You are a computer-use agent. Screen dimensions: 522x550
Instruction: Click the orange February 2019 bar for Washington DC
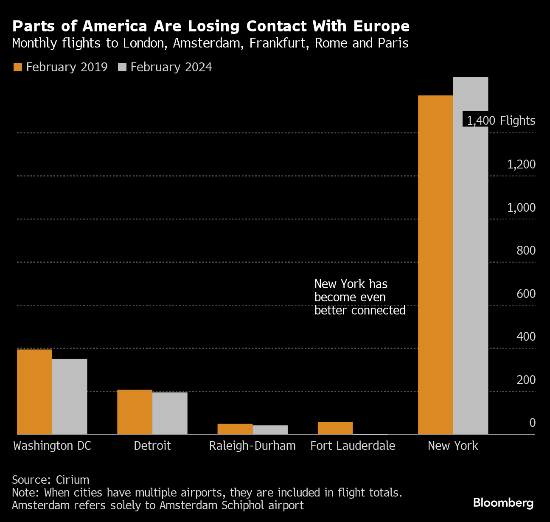34,391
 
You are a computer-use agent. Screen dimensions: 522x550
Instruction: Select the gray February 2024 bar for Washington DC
70,396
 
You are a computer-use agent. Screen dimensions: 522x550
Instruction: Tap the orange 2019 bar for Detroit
135,412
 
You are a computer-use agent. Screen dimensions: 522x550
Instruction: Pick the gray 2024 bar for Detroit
170,413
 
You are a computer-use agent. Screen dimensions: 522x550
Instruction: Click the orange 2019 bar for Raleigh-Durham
235,429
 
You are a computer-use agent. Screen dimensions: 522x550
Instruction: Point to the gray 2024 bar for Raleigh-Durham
270,429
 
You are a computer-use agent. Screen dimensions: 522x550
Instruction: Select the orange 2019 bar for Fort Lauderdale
335,428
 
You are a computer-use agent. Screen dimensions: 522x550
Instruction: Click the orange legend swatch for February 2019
18,67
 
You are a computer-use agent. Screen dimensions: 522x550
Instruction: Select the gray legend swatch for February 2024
122,67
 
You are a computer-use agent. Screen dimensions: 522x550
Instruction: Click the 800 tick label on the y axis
526,250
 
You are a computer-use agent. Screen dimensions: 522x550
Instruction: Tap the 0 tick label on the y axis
532,423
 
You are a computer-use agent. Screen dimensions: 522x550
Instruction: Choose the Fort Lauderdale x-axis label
353,446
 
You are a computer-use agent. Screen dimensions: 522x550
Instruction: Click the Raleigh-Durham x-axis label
253,446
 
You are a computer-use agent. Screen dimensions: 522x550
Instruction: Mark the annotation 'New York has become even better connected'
359,297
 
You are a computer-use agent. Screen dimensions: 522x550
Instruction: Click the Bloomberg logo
503,503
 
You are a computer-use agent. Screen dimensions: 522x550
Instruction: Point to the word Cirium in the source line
73,480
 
